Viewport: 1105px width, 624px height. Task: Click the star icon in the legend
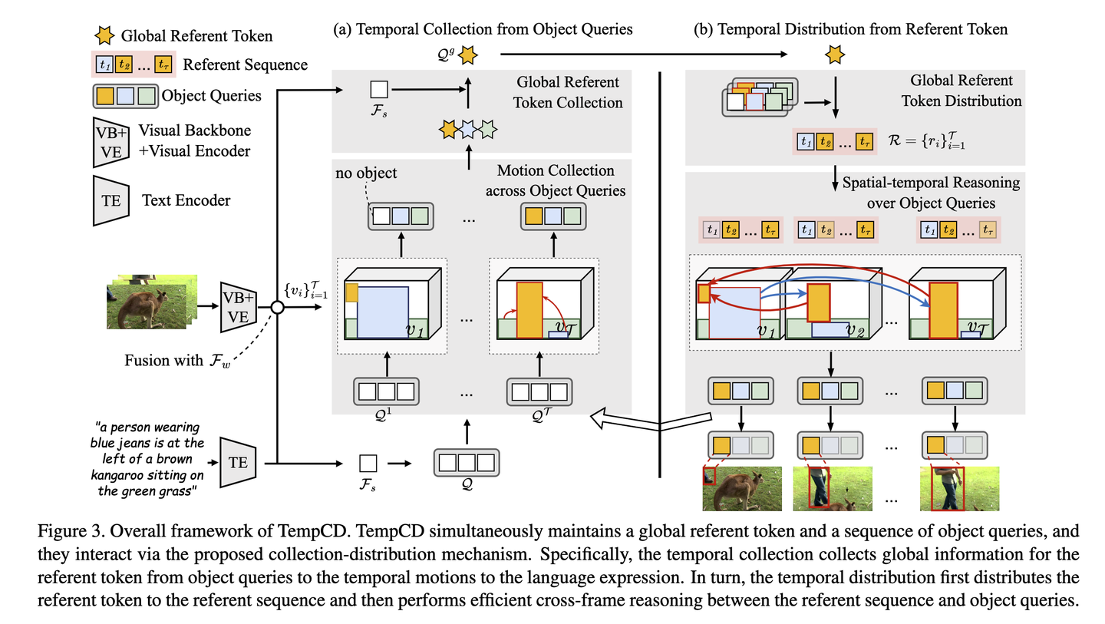coord(105,36)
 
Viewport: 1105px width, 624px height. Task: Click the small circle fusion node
coord(277,307)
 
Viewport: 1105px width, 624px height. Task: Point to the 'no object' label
coord(366,173)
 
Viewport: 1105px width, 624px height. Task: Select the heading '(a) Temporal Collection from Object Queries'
coord(483,29)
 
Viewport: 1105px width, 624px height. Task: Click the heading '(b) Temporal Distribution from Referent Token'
coord(850,29)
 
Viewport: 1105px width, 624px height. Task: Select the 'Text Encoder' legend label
coord(186,201)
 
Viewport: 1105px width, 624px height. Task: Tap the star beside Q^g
coord(469,54)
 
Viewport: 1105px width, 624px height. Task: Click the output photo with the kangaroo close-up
coord(741,488)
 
